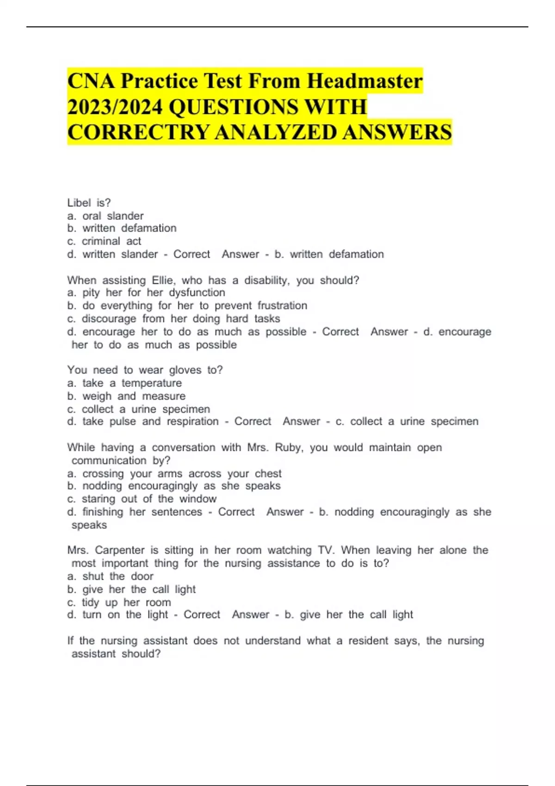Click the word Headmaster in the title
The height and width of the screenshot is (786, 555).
click(364, 81)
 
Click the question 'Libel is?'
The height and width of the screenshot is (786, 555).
click(89, 203)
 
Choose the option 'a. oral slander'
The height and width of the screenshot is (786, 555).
click(105, 216)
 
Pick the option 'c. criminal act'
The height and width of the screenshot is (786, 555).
click(104, 241)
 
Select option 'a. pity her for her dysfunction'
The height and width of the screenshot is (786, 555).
click(146, 293)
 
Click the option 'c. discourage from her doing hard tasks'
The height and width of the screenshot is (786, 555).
click(173, 319)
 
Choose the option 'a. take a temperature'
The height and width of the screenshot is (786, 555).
click(124, 383)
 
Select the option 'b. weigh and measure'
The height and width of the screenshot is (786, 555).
click(126, 396)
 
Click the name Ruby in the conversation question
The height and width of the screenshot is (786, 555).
click(288, 448)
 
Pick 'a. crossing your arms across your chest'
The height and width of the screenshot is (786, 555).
click(174, 473)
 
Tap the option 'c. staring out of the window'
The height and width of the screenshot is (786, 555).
click(142, 499)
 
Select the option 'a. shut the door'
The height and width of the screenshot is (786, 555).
click(110, 576)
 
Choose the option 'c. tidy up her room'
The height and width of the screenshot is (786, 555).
click(119, 602)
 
